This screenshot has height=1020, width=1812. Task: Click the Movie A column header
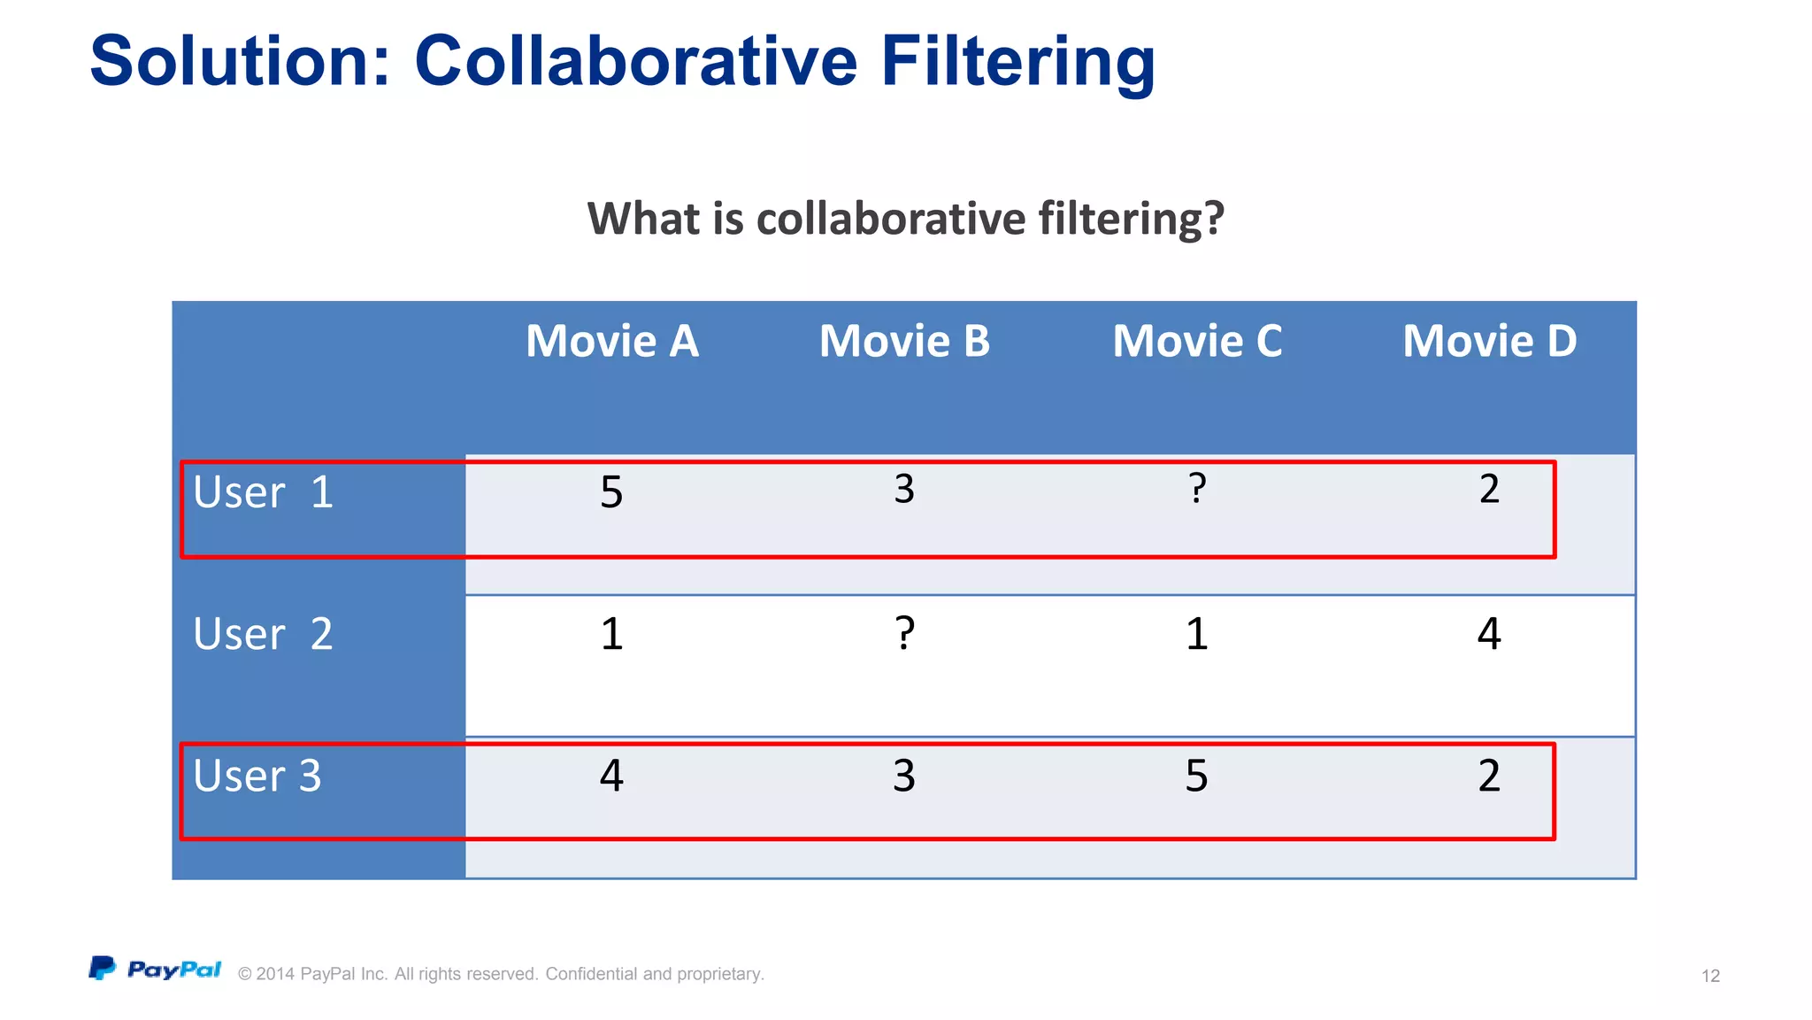click(x=612, y=342)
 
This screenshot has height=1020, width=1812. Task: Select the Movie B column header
click(x=904, y=342)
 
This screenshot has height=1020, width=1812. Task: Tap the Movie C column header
click(x=1197, y=342)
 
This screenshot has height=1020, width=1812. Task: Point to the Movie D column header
click(x=1490, y=342)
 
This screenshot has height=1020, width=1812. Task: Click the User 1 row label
click(x=263, y=492)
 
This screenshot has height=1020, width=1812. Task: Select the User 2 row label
click(x=263, y=634)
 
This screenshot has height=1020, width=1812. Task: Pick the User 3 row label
click(x=257, y=776)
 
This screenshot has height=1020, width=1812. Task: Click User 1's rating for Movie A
click(x=611, y=492)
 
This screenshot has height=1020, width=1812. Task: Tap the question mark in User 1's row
click(x=1197, y=488)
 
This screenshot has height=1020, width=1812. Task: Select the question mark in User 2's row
click(x=904, y=633)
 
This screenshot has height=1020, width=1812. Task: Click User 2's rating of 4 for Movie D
click(x=1489, y=634)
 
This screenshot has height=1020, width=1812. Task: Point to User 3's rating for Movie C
click(x=1196, y=776)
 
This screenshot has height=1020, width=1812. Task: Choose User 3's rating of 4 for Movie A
click(x=611, y=776)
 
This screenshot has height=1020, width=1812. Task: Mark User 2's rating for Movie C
click(x=1196, y=634)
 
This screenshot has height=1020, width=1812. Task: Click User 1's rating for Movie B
click(x=904, y=489)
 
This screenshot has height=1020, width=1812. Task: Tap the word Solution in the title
click(x=240, y=62)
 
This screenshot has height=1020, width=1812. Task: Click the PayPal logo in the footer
click(x=155, y=969)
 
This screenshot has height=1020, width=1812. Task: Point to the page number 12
click(x=1710, y=976)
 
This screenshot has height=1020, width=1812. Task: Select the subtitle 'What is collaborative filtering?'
click(x=905, y=219)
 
